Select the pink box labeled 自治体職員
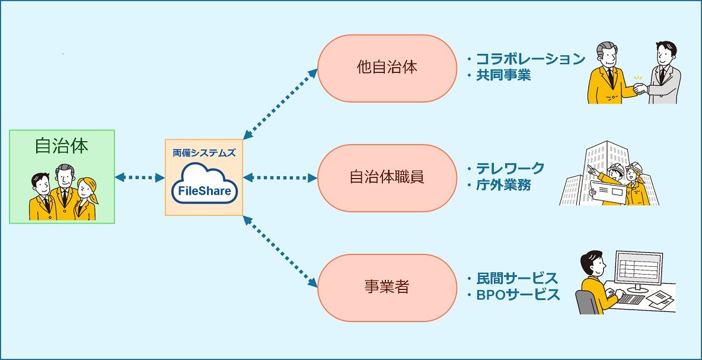[x=387, y=177]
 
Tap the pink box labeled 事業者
[x=387, y=288]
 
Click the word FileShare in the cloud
[x=204, y=191]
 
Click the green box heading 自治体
[x=62, y=146]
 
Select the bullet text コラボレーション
[x=531, y=59]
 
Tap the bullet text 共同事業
[x=503, y=75]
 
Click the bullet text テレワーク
[x=510, y=168]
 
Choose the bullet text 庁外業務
[x=503, y=185]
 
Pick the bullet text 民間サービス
[x=517, y=278]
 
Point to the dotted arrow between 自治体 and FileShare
[x=139, y=177]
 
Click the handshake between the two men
[x=640, y=89]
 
